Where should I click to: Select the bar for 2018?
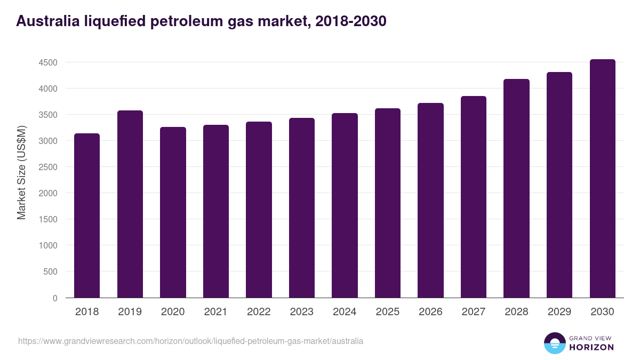(x=87, y=215)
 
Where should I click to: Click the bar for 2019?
(x=130, y=204)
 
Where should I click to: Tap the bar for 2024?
(x=345, y=205)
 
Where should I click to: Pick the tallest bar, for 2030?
(x=602, y=178)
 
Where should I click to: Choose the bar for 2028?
(x=516, y=188)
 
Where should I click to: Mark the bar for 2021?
(x=216, y=211)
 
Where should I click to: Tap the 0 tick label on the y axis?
(x=54, y=298)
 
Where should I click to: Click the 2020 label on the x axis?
(x=173, y=312)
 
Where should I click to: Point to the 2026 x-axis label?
(x=430, y=312)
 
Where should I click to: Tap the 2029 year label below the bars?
(x=559, y=312)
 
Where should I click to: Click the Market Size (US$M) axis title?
(x=21, y=172)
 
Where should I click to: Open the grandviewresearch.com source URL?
(x=190, y=341)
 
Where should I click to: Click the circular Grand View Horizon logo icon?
(x=554, y=343)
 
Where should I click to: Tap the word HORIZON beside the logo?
(x=591, y=347)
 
